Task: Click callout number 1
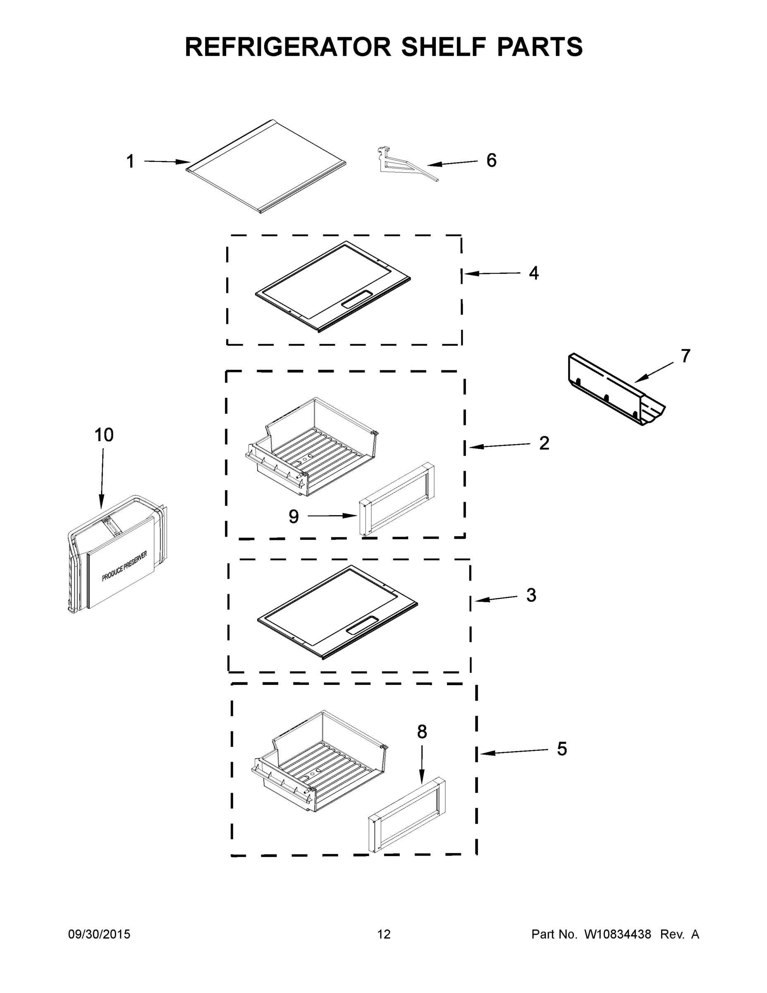pyautogui.click(x=130, y=161)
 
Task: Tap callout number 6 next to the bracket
pyautogui.click(x=491, y=161)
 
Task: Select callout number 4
pyautogui.click(x=533, y=273)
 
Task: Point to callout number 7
pyautogui.click(x=685, y=355)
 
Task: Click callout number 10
pyautogui.click(x=104, y=435)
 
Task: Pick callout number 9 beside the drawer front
pyautogui.click(x=294, y=516)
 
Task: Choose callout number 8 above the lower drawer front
pyautogui.click(x=422, y=732)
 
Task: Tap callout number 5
pyautogui.click(x=562, y=749)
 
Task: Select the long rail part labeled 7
pyautogui.click(x=614, y=391)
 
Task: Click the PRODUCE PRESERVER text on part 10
pyautogui.click(x=124, y=566)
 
